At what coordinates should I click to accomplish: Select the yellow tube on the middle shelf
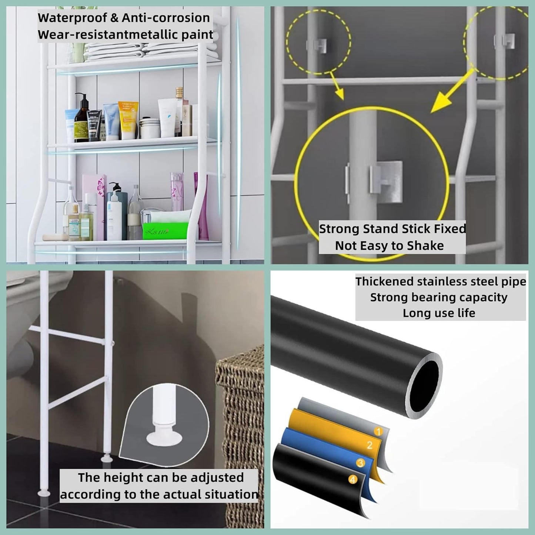pyautogui.click(x=128, y=120)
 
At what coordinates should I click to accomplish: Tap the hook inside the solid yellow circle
pyautogui.click(x=385, y=181)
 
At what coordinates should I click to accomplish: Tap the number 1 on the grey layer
pyautogui.click(x=378, y=431)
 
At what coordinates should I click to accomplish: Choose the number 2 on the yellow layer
pyautogui.click(x=369, y=445)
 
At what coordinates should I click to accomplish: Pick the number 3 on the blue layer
pyautogui.click(x=360, y=463)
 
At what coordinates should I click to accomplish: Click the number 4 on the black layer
pyautogui.click(x=352, y=480)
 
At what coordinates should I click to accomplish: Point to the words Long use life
pyautogui.click(x=439, y=313)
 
